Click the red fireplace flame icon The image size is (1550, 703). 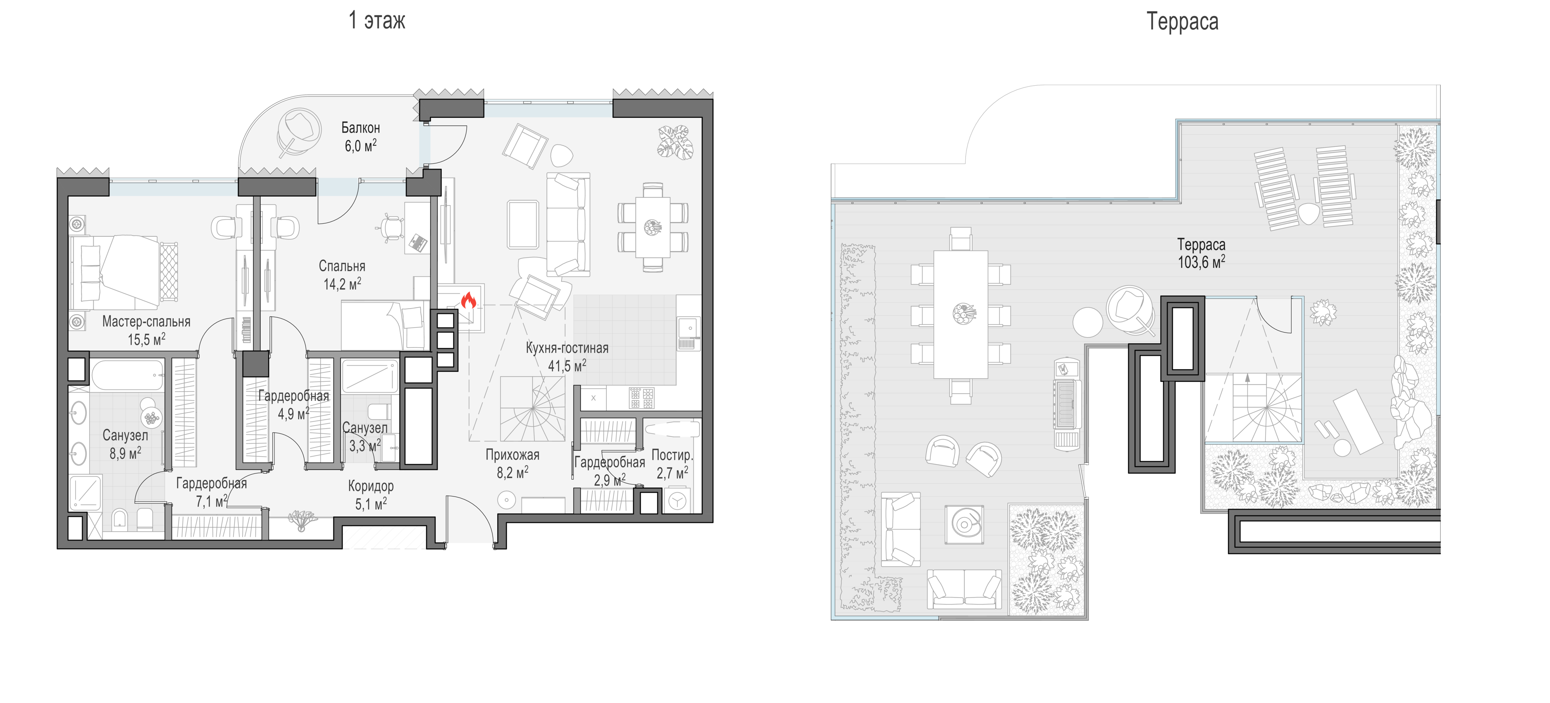(468, 300)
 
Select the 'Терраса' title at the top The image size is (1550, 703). (1182, 22)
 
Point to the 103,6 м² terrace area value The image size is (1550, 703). (1201, 262)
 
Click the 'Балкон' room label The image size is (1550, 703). (360, 128)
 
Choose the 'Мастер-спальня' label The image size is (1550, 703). (146, 321)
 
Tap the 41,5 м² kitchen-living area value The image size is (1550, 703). (567, 365)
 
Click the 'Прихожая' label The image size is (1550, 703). (512, 455)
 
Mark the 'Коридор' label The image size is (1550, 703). (371, 486)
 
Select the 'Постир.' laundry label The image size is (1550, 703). (672, 455)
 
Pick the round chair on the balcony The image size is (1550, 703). (299, 134)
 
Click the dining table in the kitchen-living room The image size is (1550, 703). (653, 227)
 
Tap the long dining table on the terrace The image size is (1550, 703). (960, 314)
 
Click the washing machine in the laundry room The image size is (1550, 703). (677, 501)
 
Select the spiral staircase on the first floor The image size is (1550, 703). (532, 409)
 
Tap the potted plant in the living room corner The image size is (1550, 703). (675, 141)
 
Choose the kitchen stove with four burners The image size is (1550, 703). (641, 398)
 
